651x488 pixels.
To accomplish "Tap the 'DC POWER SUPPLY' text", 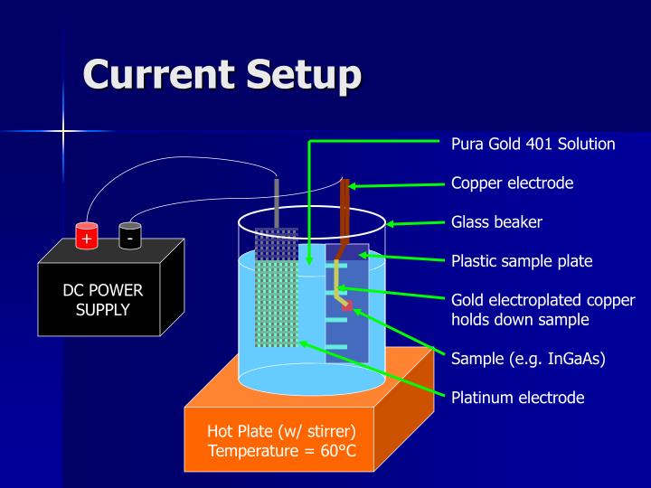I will click(x=102, y=300).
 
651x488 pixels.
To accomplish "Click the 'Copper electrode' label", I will click(x=512, y=183).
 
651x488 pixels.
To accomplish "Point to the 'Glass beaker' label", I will click(x=496, y=221).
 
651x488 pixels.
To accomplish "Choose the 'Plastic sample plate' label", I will click(x=522, y=261).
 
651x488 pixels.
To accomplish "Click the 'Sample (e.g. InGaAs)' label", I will click(x=528, y=358).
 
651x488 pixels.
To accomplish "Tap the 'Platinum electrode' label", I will click(x=517, y=397).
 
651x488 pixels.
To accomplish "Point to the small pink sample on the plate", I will click(x=346, y=306).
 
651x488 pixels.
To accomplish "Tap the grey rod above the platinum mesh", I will click(x=277, y=202).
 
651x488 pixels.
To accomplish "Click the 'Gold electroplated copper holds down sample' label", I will click(x=542, y=309).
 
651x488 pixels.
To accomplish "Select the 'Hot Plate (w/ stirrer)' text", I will click(x=281, y=430).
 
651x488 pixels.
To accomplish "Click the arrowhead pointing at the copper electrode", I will click(x=354, y=186).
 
